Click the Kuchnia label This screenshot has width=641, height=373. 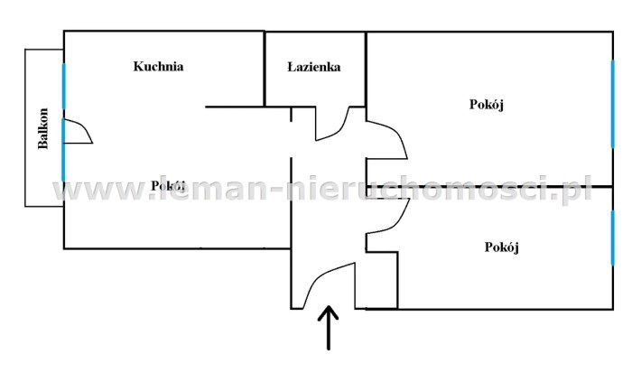[x=159, y=66]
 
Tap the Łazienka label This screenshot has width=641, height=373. [x=313, y=67]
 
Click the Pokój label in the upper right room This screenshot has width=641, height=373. [x=486, y=105]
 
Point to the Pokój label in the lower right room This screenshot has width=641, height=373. [x=501, y=247]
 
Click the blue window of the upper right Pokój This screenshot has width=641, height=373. [x=612, y=103]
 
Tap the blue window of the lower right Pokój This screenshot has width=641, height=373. [x=612, y=237]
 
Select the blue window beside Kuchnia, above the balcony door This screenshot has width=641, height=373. [x=63, y=90]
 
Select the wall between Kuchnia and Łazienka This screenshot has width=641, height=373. [x=264, y=69]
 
